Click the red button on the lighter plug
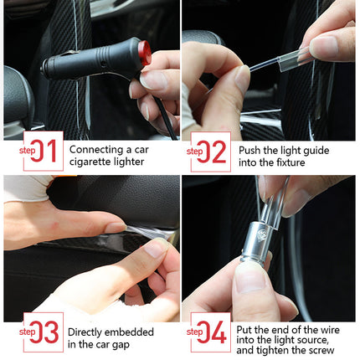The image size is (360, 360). (145, 57)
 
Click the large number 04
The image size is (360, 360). (216, 333)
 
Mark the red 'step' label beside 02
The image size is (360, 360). (196, 152)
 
